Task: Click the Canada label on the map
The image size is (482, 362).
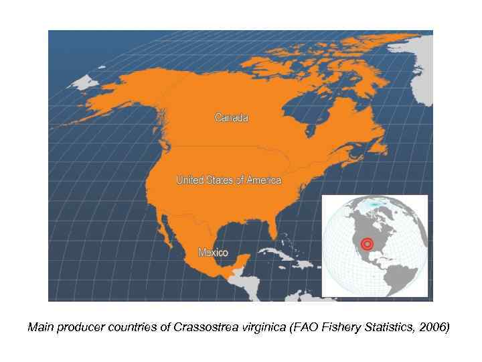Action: click(231, 118)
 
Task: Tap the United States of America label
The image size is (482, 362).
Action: click(228, 180)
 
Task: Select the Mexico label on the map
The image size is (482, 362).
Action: click(213, 253)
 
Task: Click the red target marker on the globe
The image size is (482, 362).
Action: click(366, 243)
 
